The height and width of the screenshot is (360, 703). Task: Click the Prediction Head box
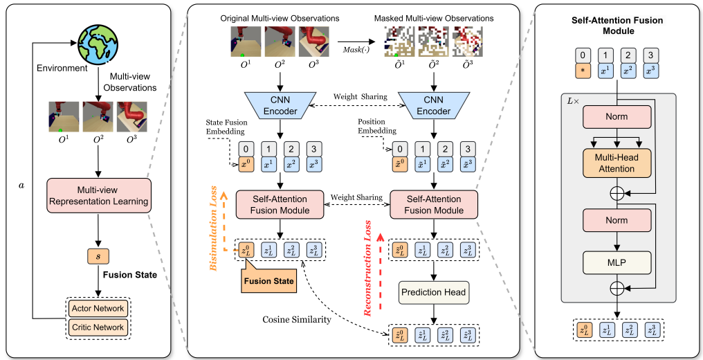[x=434, y=292]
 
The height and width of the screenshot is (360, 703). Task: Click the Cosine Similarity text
[x=295, y=319]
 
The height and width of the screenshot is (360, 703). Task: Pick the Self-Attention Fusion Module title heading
[x=617, y=25]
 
